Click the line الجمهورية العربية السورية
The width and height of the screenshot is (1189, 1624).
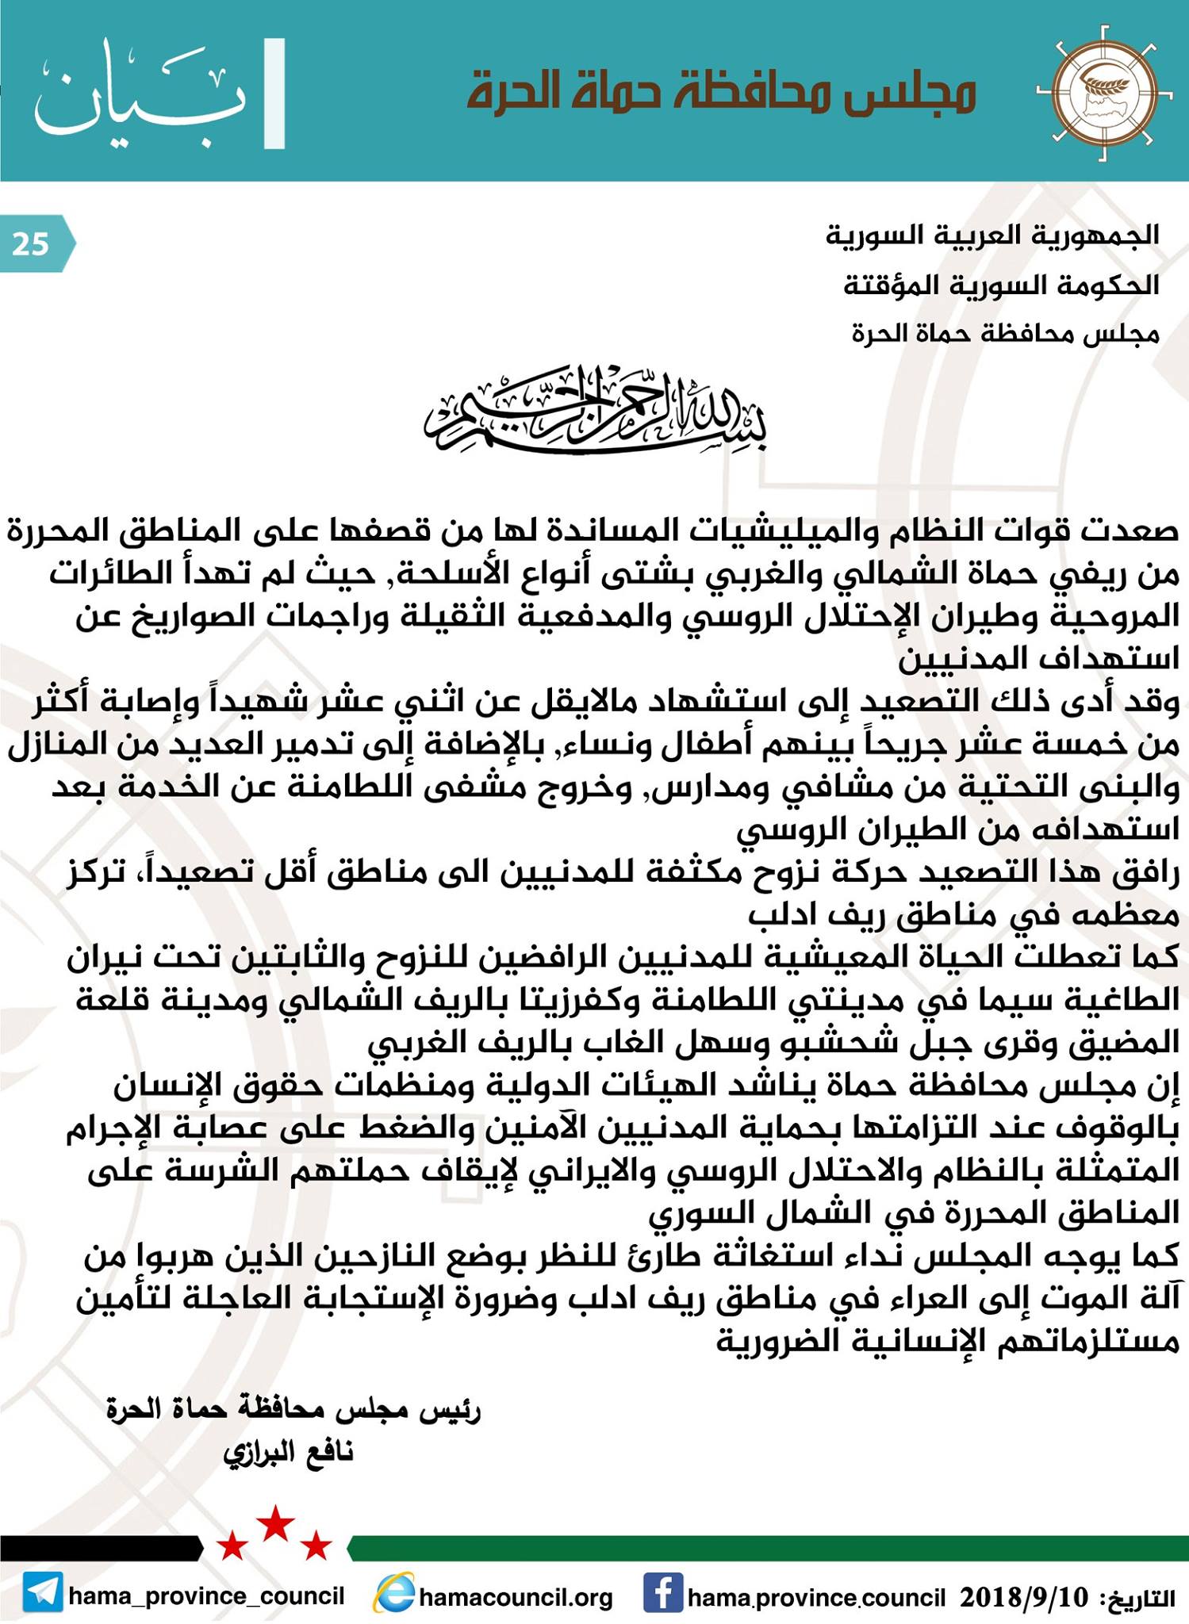tap(992, 236)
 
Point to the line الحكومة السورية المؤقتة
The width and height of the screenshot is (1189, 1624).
tap(1001, 285)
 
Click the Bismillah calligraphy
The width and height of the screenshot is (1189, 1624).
tap(595, 412)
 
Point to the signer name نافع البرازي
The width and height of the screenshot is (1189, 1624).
tap(289, 1452)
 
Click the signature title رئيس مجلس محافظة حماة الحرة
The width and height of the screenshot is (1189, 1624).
tap(294, 1409)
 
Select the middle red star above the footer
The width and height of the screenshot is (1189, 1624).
tap(277, 1522)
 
